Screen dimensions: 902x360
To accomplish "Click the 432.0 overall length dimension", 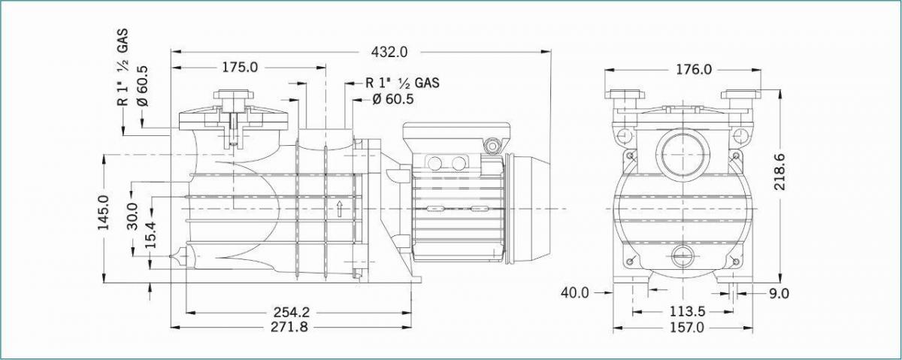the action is tap(389, 52).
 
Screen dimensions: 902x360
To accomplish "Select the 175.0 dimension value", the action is tap(240, 67).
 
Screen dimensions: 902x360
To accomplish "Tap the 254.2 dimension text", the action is tap(292, 312).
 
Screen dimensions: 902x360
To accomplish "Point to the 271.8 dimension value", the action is tap(289, 327).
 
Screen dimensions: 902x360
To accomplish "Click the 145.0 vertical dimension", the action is tap(103, 212).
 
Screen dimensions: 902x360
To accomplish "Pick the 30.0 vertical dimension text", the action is tap(132, 216).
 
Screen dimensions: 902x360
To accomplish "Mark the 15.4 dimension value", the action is tap(151, 234).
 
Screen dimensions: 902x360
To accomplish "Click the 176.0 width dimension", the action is tap(694, 70).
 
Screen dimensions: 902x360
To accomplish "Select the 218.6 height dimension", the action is tap(780, 171).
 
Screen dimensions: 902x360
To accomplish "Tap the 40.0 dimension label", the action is tap(574, 293).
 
